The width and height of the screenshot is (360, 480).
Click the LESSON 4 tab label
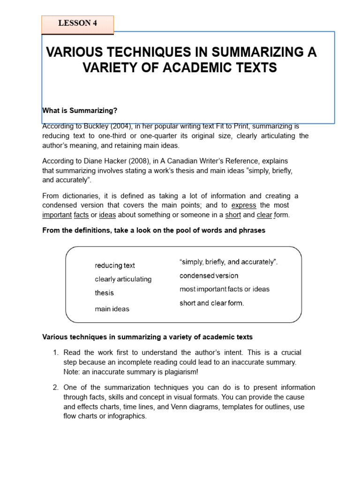pos(77,23)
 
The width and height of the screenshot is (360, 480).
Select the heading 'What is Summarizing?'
pos(80,110)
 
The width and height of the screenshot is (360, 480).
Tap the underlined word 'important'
pos(56,215)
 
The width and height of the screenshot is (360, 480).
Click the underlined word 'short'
pos(233,215)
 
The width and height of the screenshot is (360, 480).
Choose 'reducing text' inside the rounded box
pos(115,266)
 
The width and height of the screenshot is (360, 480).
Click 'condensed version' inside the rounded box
pos(209,276)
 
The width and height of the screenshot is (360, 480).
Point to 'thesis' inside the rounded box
pos(104,293)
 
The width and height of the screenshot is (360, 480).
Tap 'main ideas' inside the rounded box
pos(112,309)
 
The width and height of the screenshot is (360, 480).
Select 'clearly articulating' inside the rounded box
pos(123,279)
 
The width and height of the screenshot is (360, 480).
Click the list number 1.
pos(55,352)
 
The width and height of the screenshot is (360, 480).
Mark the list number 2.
pos(55,388)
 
